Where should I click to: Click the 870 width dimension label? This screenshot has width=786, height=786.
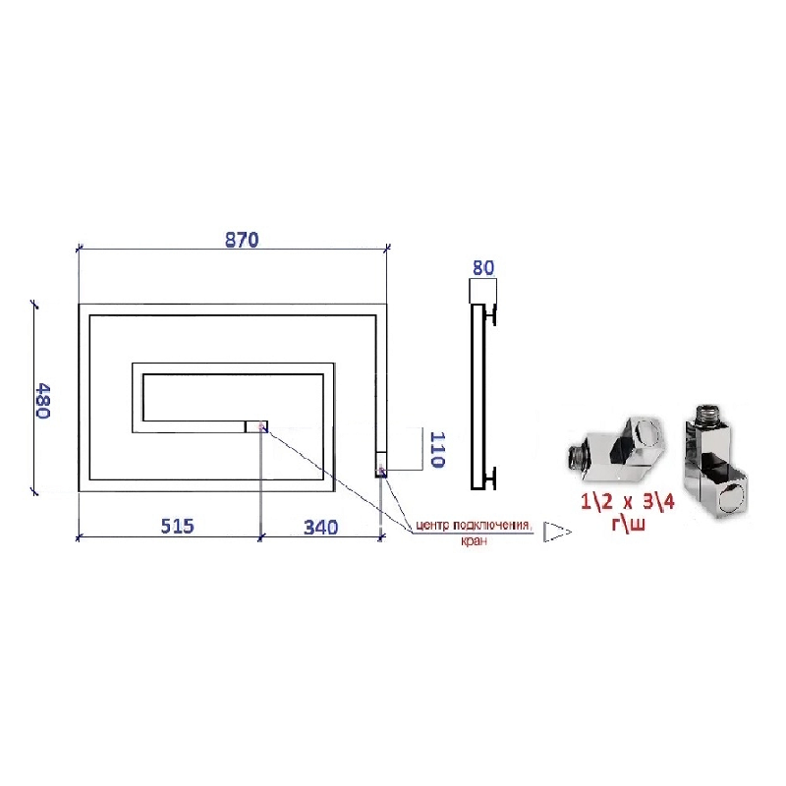pos(242,240)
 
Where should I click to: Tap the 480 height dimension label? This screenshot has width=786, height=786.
pos(43,401)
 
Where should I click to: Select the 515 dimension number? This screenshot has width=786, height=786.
pos(177,526)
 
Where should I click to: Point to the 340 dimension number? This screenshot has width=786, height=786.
pos(321,528)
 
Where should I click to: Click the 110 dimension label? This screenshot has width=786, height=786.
pos(437,449)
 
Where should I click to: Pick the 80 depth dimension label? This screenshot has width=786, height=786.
pos(483,267)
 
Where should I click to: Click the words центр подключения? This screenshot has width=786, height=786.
pos(473,526)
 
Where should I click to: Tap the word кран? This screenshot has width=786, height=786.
pos(474,541)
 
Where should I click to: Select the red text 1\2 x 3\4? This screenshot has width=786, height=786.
pos(628,502)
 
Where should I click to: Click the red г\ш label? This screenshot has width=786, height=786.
pos(628,524)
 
